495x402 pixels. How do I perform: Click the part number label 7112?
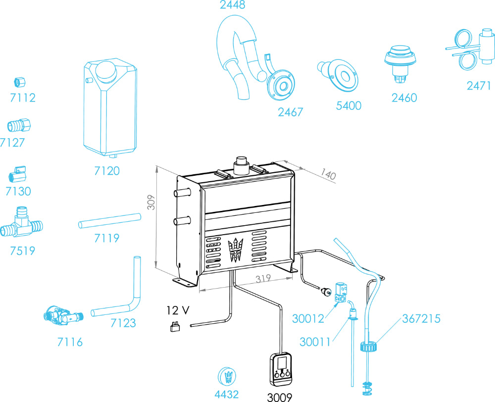pyautogui.click(x=23, y=98)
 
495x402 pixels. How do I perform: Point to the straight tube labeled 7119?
pyautogui.click(x=109, y=221)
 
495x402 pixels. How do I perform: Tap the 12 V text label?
pyautogui.click(x=177, y=310)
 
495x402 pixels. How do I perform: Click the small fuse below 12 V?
pyautogui.click(x=174, y=326)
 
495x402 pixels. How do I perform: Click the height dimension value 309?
pyautogui.click(x=152, y=202)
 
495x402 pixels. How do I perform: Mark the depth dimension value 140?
pyautogui.click(x=327, y=174)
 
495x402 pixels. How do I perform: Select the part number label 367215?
pyautogui.click(x=421, y=318)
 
